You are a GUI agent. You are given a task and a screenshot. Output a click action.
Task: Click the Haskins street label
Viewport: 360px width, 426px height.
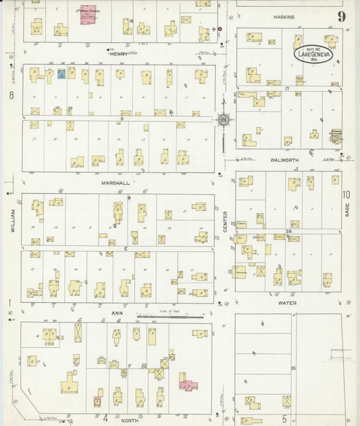(x=284, y=16)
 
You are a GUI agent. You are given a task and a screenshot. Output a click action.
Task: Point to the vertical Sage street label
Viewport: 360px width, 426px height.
(x=347, y=208)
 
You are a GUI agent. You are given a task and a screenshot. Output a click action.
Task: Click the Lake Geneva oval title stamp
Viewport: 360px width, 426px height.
(x=313, y=55)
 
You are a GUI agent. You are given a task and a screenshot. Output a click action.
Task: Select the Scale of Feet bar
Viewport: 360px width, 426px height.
(x=169, y=316)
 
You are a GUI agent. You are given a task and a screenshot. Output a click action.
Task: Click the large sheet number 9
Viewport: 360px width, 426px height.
(x=342, y=16)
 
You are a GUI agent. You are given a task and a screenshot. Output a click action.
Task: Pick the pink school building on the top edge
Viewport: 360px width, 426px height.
(x=87, y=16)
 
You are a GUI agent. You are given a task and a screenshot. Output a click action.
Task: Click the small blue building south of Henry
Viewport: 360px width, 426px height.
(x=61, y=74)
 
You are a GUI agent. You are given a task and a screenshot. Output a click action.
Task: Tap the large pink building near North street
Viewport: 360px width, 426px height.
(x=187, y=385)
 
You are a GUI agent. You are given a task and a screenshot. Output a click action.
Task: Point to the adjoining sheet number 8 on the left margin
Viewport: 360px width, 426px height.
(x=11, y=95)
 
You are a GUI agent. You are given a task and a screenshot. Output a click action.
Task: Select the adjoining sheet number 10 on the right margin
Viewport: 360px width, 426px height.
(x=346, y=195)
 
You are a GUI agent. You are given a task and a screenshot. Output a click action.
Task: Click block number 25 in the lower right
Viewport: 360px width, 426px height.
(x=292, y=367)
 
